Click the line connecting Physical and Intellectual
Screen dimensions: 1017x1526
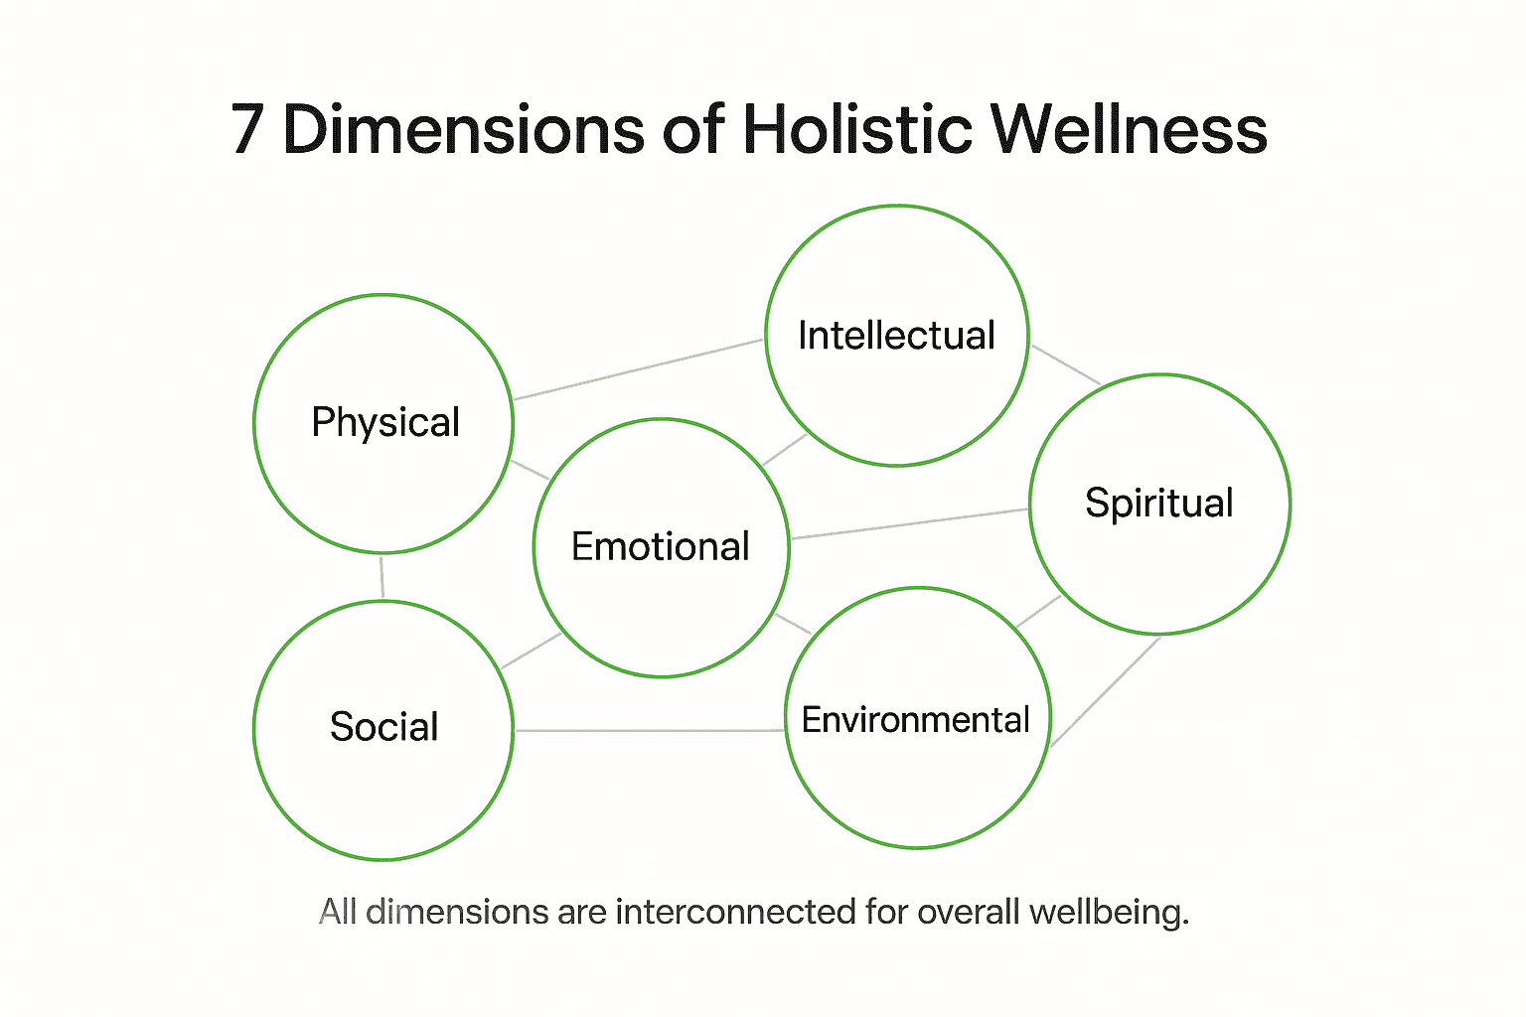(x=638, y=369)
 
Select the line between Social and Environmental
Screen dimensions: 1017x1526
(x=650, y=731)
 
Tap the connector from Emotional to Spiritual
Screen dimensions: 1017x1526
(x=909, y=523)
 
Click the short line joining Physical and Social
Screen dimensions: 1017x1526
(x=381, y=577)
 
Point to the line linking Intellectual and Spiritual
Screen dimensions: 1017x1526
(x=1065, y=363)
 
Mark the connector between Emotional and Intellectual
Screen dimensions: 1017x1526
(x=785, y=450)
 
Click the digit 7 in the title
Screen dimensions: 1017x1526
(x=248, y=129)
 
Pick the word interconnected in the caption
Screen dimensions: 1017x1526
(x=735, y=911)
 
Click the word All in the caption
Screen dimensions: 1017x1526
(x=337, y=911)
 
